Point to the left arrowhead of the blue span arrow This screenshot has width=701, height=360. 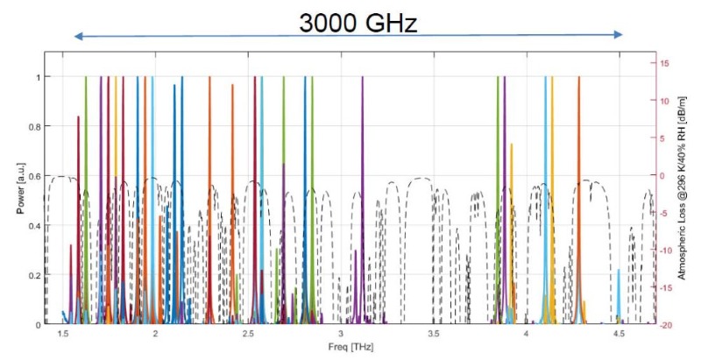(78, 36)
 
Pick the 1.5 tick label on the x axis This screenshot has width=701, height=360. (63, 335)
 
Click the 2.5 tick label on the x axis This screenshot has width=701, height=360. (248, 335)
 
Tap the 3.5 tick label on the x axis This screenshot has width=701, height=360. (433, 335)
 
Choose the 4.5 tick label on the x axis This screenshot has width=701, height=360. (619, 335)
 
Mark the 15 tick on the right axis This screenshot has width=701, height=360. (665, 63)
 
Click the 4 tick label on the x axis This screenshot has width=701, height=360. (526, 335)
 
